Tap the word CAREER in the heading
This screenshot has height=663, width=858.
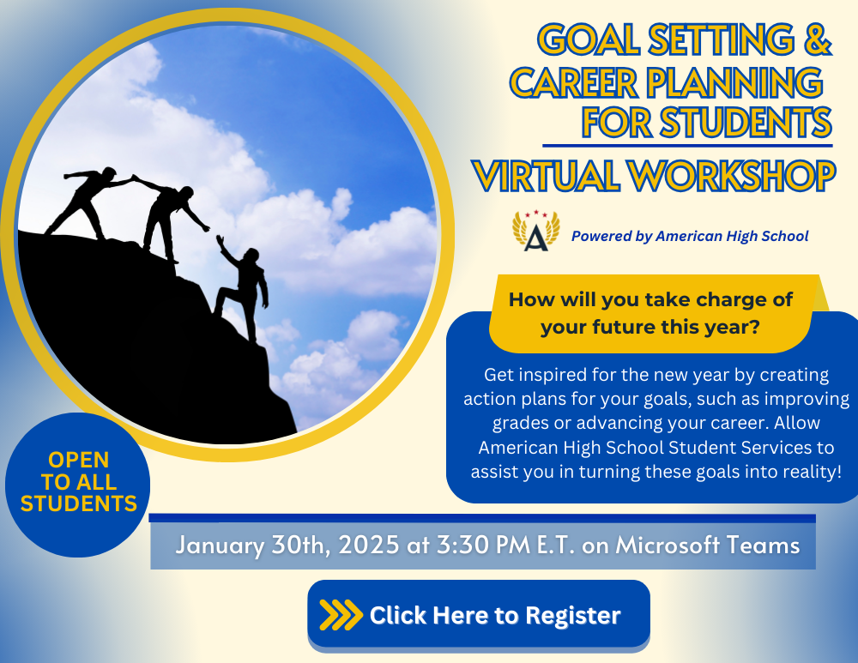click(x=574, y=82)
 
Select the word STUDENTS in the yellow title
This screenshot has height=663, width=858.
click(x=746, y=122)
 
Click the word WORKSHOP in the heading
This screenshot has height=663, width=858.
click(x=732, y=176)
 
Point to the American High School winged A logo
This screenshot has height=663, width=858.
click(x=535, y=231)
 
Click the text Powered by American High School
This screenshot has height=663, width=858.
click(x=690, y=237)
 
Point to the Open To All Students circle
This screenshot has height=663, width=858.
click(x=78, y=485)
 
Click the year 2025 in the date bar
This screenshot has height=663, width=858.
click(x=369, y=545)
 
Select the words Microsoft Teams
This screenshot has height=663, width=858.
click(x=708, y=545)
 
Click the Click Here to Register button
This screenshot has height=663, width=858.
click(x=479, y=615)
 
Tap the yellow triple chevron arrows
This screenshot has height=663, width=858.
click(x=341, y=615)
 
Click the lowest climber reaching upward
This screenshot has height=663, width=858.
click(x=243, y=287)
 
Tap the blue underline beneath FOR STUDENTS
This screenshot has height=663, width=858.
click(x=687, y=146)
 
